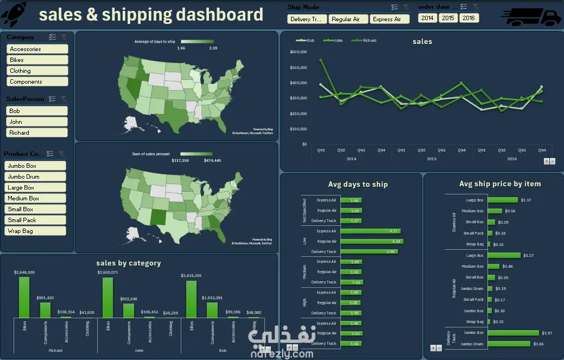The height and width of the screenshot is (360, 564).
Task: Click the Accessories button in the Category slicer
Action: click(x=37, y=49)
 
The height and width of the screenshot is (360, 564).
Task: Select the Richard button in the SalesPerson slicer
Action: click(x=37, y=132)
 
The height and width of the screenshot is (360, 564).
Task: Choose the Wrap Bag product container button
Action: click(x=35, y=231)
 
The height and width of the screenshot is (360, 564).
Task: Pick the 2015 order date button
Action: click(x=448, y=18)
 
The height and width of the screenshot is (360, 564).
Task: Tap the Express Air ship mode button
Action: click(x=389, y=19)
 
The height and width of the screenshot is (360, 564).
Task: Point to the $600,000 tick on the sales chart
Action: click(x=299, y=52)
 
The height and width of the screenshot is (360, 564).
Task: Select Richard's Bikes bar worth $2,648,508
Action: click(x=24, y=297)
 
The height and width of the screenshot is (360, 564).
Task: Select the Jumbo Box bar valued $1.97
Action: click(x=514, y=333)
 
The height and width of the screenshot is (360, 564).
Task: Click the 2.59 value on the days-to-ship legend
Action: click(x=213, y=48)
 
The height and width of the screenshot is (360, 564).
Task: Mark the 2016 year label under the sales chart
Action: click(x=512, y=159)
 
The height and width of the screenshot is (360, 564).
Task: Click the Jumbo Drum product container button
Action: click(x=35, y=176)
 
